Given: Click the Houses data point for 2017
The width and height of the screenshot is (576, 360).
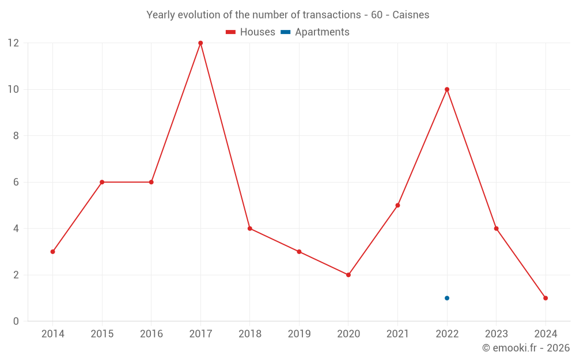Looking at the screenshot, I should (x=200, y=43).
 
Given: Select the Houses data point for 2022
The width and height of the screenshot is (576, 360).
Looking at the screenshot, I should (x=447, y=89).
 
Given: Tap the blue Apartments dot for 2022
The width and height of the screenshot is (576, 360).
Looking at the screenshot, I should (x=447, y=298).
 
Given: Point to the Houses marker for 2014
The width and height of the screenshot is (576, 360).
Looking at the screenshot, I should (x=53, y=252).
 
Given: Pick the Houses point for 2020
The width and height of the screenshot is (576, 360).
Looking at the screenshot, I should (x=348, y=275).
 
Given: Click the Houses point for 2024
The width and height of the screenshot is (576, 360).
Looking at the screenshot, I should (x=545, y=298).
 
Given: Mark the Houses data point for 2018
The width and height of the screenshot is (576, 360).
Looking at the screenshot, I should (x=250, y=228).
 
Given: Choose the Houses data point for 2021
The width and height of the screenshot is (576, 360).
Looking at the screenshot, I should (x=397, y=205).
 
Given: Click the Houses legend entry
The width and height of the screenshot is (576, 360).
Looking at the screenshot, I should (x=251, y=32).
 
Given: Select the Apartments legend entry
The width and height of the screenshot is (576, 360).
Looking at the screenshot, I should (x=315, y=32).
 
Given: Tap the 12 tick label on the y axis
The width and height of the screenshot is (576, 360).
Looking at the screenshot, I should (x=13, y=43).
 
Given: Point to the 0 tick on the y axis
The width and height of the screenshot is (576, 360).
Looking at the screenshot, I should (x=16, y=321).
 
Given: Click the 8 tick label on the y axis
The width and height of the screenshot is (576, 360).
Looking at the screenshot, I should (x=16, y=136).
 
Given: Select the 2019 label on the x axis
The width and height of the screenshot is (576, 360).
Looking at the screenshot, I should (x=299, y=334).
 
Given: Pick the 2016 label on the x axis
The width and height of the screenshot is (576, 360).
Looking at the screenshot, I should (x=151, y=334).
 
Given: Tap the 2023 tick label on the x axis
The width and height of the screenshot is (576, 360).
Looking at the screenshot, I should (x=496, y=334).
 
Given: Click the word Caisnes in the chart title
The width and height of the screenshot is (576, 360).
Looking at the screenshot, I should (x=411, y=15).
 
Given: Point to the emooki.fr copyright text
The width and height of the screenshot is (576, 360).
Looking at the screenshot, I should (x=526, y=348).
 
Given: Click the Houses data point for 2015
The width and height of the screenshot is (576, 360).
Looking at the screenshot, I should (x=102, y=182).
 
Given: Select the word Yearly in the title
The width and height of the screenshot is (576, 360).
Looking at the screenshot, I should (x=161, y=15).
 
